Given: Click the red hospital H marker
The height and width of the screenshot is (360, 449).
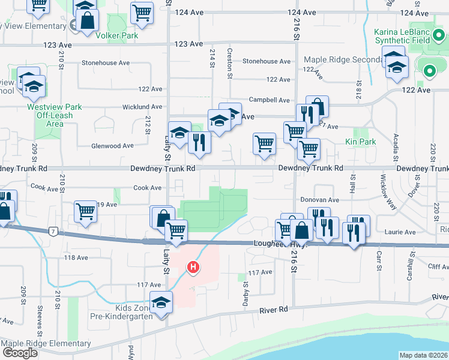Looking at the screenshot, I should pos(193,266).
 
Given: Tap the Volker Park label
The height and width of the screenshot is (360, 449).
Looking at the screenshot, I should pos(117,35).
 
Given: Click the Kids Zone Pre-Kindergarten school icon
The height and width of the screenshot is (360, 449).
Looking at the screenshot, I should pos(161,303).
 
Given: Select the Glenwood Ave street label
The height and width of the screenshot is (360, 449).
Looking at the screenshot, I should pos(112,145).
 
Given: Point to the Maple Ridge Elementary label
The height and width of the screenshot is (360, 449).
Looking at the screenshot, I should pos(46,344).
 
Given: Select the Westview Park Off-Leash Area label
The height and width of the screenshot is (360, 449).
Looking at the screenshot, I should pos(55,115).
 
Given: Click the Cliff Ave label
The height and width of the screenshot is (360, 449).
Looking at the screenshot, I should pos(430,266).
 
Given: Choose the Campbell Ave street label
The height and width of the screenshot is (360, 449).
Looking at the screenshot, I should pos(270,101).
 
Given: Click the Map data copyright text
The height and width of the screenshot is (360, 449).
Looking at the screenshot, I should pos(423,355).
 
